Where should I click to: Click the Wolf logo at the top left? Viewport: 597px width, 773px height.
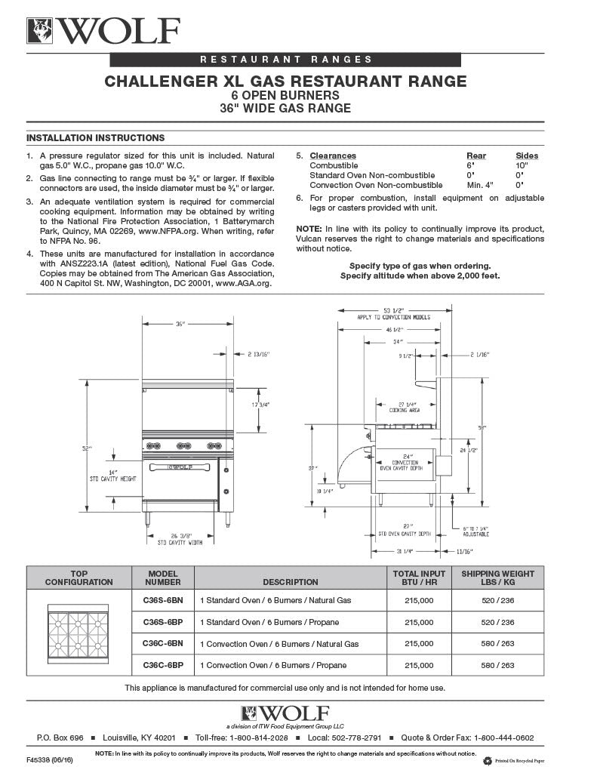(103, 31)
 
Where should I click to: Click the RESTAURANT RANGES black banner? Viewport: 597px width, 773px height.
(285, 60)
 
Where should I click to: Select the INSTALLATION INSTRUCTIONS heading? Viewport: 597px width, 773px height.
(95, 138)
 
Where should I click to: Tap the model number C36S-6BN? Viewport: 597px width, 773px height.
(163, 601)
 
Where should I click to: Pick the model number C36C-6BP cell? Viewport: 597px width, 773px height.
(163, 665)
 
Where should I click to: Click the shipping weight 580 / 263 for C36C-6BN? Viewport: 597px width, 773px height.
(497, 644)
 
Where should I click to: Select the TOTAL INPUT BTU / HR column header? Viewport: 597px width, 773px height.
(419, 577)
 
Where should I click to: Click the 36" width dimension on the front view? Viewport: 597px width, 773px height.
(180, 324)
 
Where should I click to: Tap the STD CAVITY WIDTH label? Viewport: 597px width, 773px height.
(180, 542)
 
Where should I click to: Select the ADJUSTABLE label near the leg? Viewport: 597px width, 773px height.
(475, 534)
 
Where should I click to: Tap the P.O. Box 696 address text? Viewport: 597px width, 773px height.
(60, 738)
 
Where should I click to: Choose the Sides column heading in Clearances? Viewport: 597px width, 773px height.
(526, 156)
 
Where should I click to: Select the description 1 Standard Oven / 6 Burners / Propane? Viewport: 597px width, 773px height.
(269, 623)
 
